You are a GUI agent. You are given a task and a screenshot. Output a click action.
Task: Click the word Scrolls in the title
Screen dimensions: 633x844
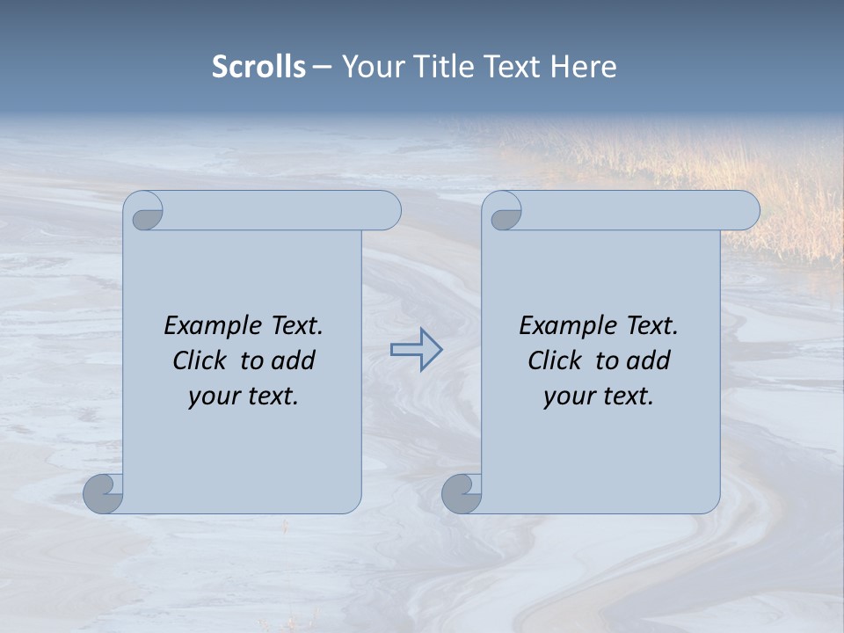258,67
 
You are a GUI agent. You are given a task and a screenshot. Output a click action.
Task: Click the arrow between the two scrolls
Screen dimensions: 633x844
416,349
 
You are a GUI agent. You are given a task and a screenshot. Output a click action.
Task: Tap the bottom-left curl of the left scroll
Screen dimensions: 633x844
103,493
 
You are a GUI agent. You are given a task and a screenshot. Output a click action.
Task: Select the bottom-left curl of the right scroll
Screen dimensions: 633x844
461,493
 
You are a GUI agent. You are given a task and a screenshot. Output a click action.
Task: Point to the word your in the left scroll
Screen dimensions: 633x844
212,397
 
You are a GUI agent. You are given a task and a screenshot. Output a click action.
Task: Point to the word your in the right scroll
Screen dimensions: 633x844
567,397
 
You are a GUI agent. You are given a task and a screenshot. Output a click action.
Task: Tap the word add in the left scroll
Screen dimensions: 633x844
294,360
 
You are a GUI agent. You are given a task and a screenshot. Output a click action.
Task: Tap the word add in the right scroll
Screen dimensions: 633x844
649,360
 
